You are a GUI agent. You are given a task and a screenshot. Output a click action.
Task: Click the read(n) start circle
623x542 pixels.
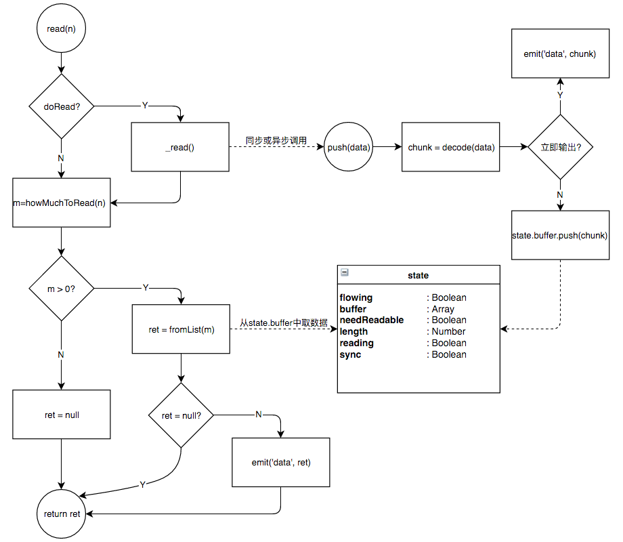click(x=62, y=29)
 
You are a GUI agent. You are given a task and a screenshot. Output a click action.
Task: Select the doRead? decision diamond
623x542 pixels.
click(x=62, y=106)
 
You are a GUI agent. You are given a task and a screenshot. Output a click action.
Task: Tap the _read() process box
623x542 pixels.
click(x=180, y=146)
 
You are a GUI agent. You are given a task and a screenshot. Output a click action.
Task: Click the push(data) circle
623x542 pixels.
click(x=349, y=146)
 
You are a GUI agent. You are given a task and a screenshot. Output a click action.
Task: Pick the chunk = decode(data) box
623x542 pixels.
click(x=451, y=146)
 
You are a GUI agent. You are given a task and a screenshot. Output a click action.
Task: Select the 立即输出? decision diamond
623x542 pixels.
click(x=560, y=146)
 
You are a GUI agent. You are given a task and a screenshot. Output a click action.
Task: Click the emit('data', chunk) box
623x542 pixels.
click(x=560, y=54)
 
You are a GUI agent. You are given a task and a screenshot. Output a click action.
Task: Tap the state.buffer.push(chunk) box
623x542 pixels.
click(x=560, y=236)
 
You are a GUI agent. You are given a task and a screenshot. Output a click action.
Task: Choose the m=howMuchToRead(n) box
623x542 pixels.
click(x=62, y=203)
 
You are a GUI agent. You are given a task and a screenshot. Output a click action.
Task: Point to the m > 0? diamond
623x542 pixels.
click(x=62, y=289)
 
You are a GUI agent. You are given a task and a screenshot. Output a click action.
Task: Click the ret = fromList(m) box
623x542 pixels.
click(x=181, y=329)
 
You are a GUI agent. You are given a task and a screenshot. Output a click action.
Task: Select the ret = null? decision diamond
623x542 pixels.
click(x=181, y=415)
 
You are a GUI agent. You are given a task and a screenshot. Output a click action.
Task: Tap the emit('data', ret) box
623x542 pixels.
click(x=281, y=462)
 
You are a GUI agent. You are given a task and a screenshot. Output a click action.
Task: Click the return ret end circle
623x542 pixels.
click(x=62, y=514)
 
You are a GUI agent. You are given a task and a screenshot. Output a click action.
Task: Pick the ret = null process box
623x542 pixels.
click(x=62, y=415)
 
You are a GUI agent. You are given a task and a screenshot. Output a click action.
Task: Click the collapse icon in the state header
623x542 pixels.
click(x=345, y=272)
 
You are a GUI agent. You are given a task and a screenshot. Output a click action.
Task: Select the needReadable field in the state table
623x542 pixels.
click(x=372, y=320)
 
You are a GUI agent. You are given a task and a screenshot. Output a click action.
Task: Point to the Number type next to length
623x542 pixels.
click(x=448, y=331)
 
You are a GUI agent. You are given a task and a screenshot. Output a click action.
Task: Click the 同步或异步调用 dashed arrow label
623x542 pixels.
click(x=276, y=140)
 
